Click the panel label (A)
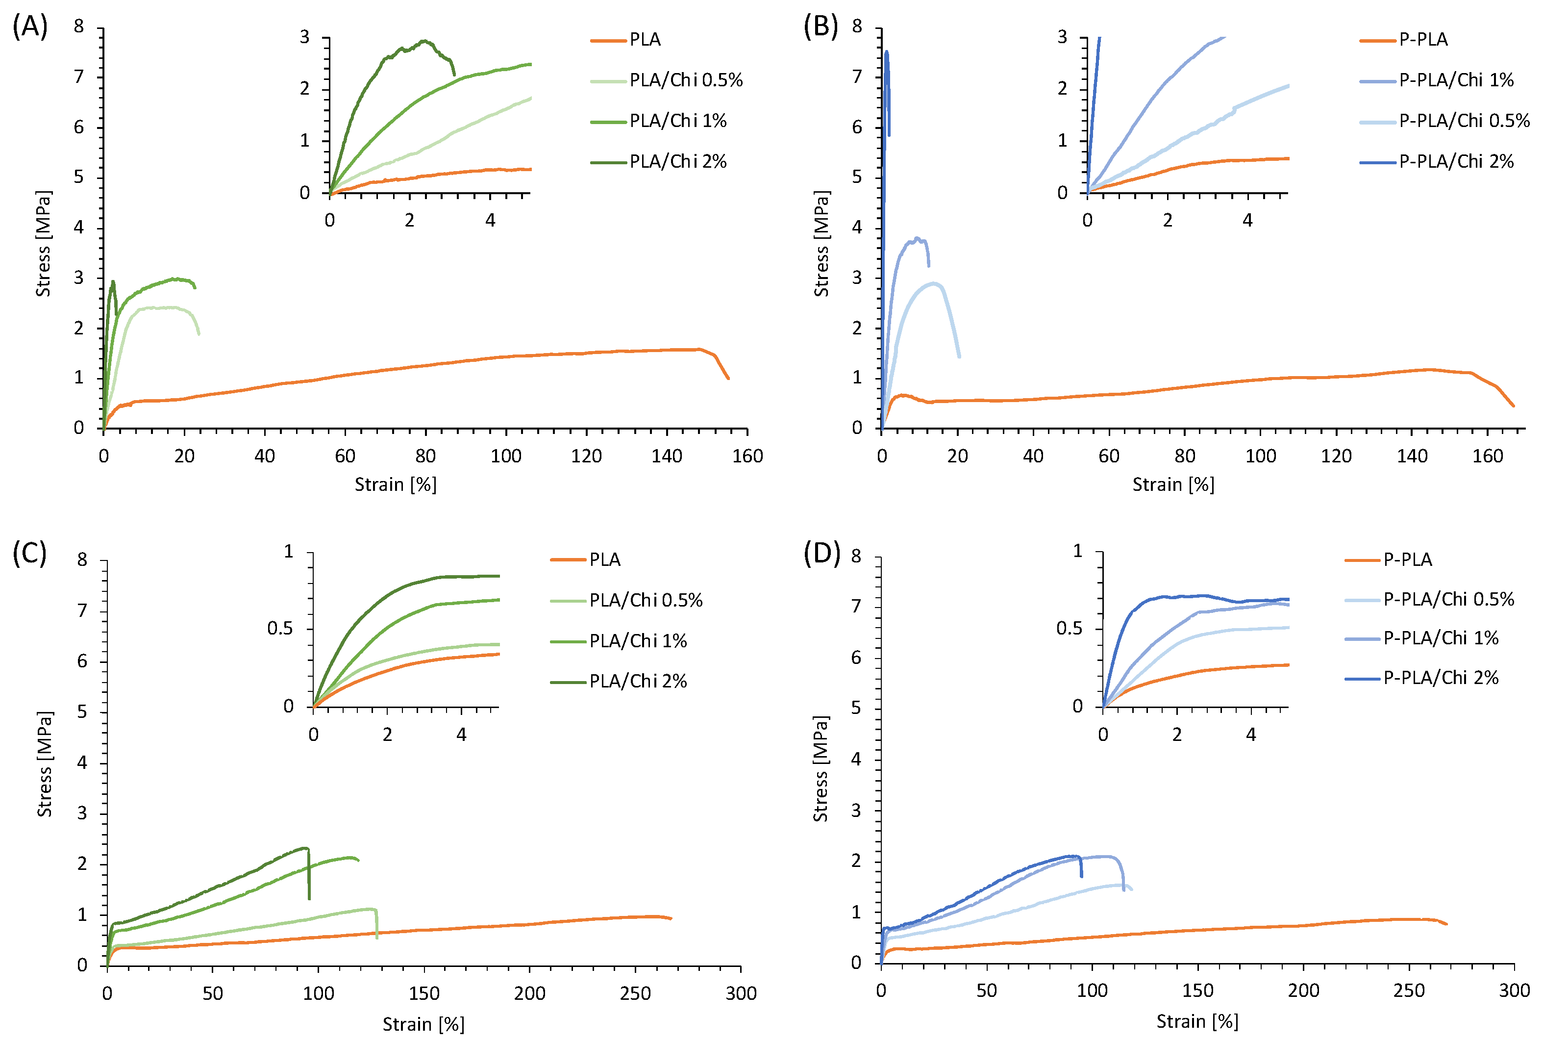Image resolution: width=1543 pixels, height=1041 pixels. pos(30,27)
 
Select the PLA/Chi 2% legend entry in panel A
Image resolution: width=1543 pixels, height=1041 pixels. pos(677,161)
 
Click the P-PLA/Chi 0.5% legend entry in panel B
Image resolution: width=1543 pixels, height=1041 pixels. pos(1464,121)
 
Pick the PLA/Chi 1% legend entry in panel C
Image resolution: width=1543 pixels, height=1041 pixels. pos(638,641)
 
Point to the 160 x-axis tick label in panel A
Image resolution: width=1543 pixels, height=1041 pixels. pos(747,456)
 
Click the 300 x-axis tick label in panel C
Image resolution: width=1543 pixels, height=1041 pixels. pos(741,994)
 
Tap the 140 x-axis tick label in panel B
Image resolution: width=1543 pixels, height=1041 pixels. pos(1412,456)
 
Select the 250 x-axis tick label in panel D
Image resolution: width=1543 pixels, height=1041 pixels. pos(1409,990)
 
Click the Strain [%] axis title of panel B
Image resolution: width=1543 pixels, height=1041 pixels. pos(1172,484)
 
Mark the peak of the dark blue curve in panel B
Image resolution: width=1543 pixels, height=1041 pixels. pos(887,52)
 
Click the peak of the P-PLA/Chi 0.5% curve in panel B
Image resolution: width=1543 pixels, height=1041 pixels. pos(934,283)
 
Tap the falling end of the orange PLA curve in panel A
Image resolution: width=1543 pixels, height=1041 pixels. pos(728,378)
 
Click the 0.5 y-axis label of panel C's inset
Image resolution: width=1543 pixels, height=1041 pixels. pos(279,628)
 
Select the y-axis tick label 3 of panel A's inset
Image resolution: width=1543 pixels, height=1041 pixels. pos(304,37)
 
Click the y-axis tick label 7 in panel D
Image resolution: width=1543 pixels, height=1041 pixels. pos(856,606)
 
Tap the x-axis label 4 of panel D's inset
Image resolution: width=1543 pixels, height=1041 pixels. pos(1251,734)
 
